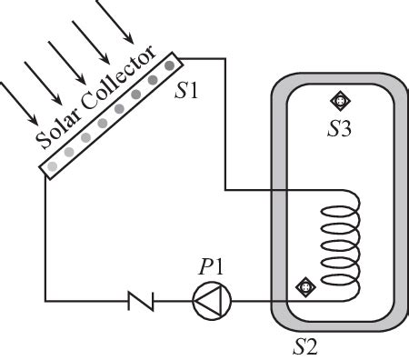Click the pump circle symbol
click(x=212, y=299)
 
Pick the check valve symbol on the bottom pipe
click(x=141, y=299)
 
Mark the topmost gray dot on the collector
click(x=168, y=65)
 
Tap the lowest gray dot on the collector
click(x=52, y=165)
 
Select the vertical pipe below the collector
click(x=45, y=236)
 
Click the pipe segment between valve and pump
click(x=173, y=299)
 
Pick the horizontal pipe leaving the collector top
click(x=204, y=58)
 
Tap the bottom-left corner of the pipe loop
click(x=45, y=299)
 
